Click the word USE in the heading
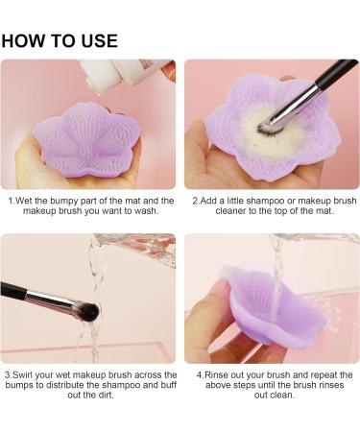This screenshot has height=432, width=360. (98, 41)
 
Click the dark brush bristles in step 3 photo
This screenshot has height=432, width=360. (84, 309)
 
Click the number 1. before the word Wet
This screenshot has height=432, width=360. (11, 201)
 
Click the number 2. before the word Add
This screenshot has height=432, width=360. (195, 201)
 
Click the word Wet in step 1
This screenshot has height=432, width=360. (26, 201)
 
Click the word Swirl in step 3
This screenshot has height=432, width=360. (28, 374)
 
